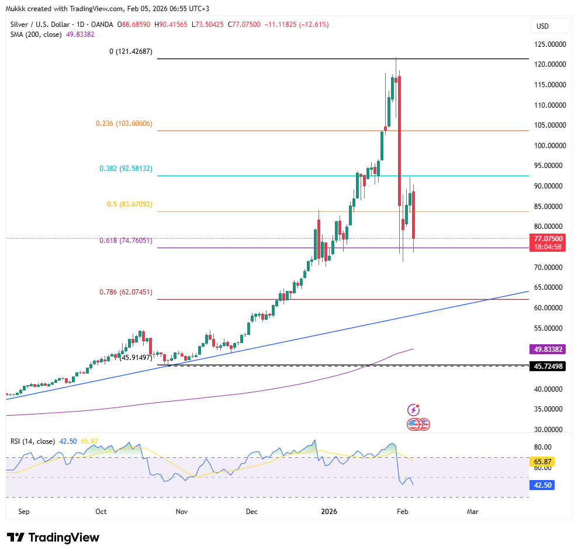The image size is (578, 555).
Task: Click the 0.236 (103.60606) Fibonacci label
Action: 124,124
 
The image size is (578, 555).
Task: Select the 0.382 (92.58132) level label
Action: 126,169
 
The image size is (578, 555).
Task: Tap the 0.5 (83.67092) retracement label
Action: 129,204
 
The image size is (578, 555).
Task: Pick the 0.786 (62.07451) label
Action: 125,292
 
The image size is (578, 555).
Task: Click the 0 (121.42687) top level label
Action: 131,52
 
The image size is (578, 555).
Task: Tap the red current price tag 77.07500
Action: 548,239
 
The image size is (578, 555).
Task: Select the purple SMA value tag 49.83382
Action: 548,350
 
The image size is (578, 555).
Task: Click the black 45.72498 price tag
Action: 548,366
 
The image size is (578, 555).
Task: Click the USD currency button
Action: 542,26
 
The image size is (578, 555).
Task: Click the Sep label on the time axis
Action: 24,511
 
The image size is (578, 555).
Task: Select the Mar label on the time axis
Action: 473,511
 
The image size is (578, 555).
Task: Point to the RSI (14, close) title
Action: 33,441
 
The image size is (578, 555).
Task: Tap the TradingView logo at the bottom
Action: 53,537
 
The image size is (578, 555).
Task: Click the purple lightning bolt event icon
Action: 413,410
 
